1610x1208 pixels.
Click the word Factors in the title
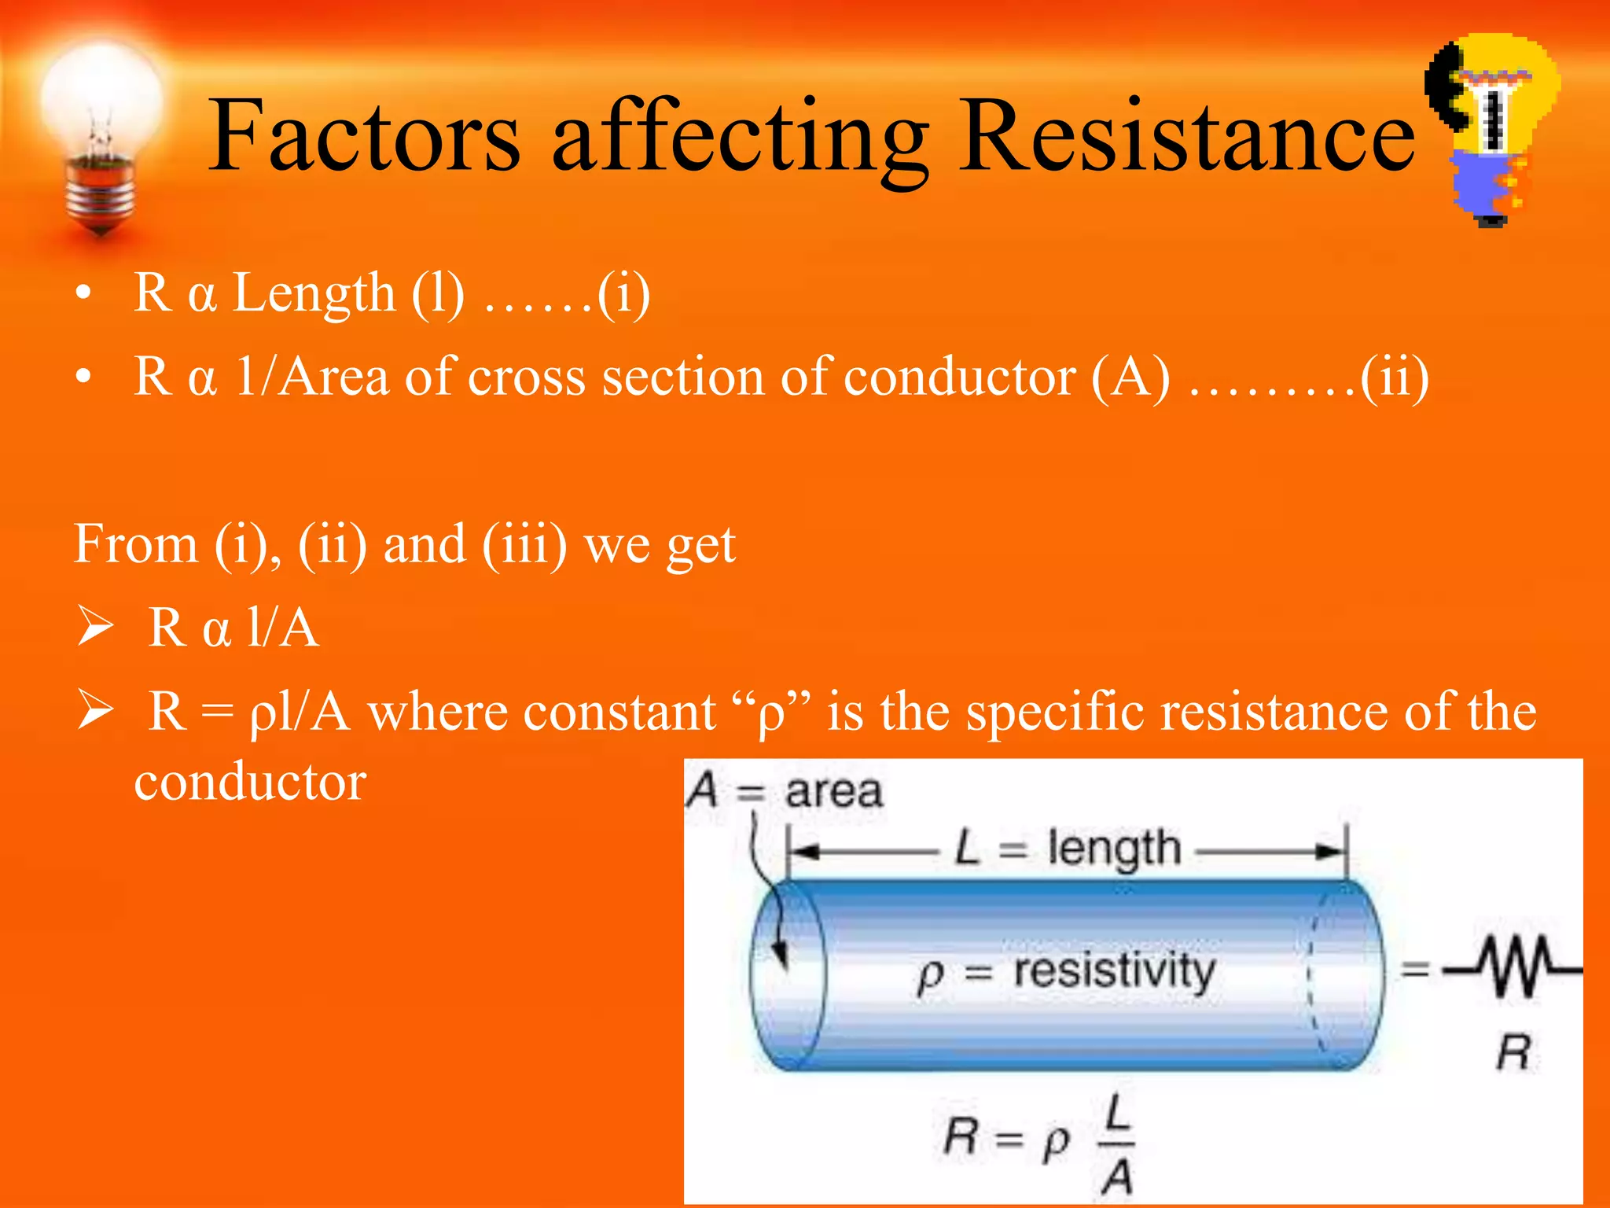[x=363, y=135]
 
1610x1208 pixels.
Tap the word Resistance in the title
[x=1187, y=135]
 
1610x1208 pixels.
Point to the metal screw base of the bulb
[x=101, y=193]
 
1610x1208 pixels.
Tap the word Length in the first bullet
[x=314, y=293]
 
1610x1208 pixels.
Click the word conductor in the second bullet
[x=960, y=377]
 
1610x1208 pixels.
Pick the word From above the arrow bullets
[x=136, y=543]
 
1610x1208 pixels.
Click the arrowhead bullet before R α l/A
[x=96, y=628]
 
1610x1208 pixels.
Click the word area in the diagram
[x=833, y=791]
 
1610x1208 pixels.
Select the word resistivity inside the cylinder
[x=1114, y=972]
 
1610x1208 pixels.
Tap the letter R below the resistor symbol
[x=1513, y=1052]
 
